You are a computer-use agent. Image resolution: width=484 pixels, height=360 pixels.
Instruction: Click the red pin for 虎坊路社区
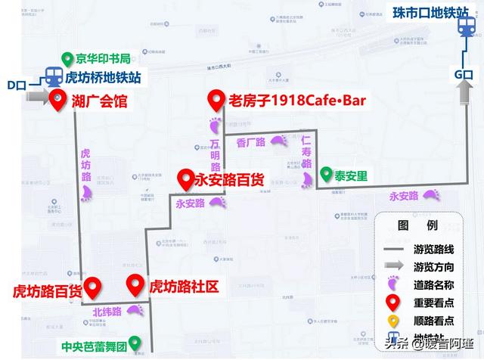(x=135, y=286)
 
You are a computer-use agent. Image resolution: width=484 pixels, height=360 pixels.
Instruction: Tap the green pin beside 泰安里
(x=325, y=175)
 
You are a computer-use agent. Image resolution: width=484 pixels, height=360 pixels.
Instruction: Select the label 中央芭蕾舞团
(x=94, y=350)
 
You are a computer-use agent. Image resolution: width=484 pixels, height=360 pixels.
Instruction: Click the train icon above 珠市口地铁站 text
(x=464, y=27)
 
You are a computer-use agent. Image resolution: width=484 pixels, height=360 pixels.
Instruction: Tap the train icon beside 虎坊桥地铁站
(x=52, y=76)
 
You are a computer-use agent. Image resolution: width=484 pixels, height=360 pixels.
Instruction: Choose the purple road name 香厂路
(x=250, y=141)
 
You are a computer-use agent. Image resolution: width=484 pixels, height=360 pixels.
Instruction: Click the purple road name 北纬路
(x=107, y=311)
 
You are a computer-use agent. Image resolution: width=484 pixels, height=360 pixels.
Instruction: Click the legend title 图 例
(x=418, y=225)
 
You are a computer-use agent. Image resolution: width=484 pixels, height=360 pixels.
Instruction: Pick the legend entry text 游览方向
(x=433, y=266)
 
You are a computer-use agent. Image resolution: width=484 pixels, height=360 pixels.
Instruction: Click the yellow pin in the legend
(x=392, y=321)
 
